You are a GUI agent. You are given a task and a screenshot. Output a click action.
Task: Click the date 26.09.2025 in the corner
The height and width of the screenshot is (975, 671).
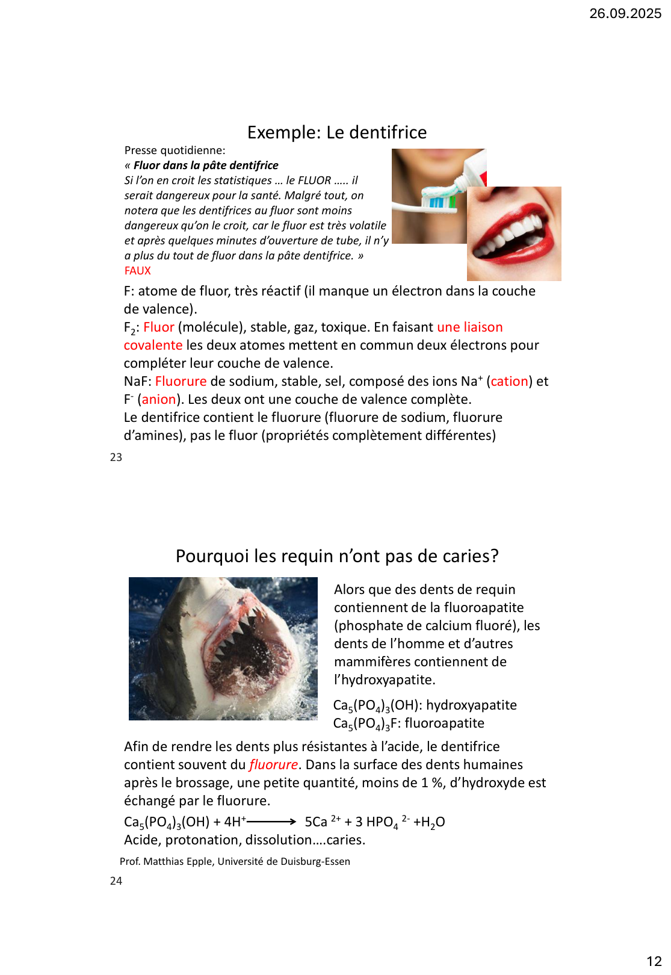pyautogui.click(x=625, y=13)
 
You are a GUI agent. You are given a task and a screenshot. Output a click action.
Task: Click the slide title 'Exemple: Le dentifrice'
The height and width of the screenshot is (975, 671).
pyautogui.click(x=337, y=132)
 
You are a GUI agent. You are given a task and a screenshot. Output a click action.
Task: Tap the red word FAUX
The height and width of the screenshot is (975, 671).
pyautogui.click(x=137, y=271)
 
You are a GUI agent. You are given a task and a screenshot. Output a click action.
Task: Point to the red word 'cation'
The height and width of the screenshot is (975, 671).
pyautogui.click(x=509, y=382)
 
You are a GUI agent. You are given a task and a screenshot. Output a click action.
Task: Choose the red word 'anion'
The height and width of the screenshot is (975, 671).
pyautogui.click(x=159, y=400)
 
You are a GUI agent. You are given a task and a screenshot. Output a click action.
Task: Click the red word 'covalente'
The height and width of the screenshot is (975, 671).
pyautogui.click(x=153, y=345)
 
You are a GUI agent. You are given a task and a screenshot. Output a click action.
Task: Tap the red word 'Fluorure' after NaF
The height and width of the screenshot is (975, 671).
pyautogui.click(x=181, y=382)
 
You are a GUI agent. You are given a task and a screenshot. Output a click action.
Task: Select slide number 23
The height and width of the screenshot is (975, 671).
pyautogui.click(x=116, y=457)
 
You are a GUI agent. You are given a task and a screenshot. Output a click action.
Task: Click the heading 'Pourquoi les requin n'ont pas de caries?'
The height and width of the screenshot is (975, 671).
pyautogui.click(x=337, y=556)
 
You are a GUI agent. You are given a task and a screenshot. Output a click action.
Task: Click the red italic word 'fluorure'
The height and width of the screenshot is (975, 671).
pyautogui.click(x=273, y=765)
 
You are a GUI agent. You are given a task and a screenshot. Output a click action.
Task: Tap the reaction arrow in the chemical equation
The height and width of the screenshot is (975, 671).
pyautogui.click(x=271, y=822)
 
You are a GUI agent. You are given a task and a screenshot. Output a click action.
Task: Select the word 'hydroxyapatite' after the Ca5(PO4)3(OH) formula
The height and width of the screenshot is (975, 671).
pyautogui.click(x=471, y=705)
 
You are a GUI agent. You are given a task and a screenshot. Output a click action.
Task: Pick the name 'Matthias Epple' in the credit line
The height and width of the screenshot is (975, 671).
pyautogui.click(x=178, y=862)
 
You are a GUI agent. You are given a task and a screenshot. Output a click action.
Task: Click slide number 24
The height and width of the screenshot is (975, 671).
pyautogui.click(x=116, y=881)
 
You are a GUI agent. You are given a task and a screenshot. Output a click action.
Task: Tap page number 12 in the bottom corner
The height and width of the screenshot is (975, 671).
pyautogui.click(x=654, y=961)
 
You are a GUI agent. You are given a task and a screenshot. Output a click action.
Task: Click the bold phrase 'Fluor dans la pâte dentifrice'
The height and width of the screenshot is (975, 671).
pyautogui.click(x=206, y=166)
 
